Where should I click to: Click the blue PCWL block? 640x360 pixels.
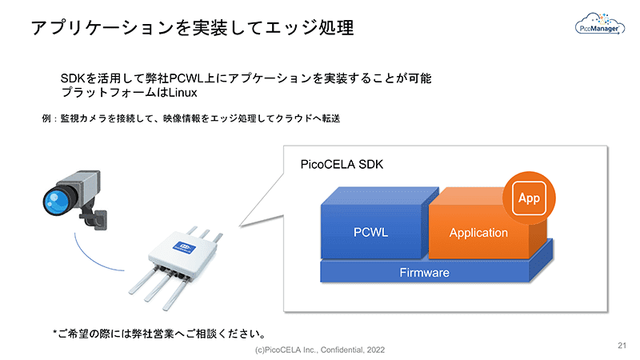point(370,232)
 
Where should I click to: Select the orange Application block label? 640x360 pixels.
point(478,233)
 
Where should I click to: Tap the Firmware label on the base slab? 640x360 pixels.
point(424,273)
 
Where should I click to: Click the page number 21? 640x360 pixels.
point(622,346)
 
